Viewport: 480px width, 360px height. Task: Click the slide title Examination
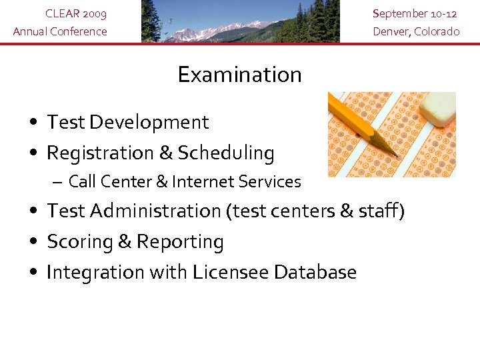pyautogui.click(x=239, y=75)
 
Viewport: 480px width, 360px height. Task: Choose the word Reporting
pyautogui.click(x=180, y=242)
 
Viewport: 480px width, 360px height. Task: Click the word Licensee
pyautogui.click(x=231, y=273)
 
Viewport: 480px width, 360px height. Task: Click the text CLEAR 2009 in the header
pyautogui.click(x=75, y=14)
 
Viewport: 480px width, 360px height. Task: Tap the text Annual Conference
pyautogui.click(x=60, y=31)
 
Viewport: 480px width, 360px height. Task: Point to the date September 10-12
pyautogui.click(x=415, y=14)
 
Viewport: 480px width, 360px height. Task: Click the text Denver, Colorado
pyautogui.click(x=416, y=31)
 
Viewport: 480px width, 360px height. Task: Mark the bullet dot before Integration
pyautogui.click(x=33, y=273)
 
